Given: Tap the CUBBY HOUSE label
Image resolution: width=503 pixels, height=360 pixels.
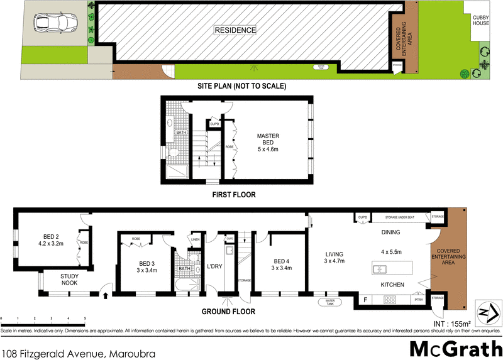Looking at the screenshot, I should pyautogui.click(x=480, y=21).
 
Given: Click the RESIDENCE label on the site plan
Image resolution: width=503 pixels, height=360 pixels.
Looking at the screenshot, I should pyautogui.click(x=236, y=30).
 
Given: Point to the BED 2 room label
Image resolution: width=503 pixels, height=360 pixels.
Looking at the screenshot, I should pyautogui.click(x=52, y=239).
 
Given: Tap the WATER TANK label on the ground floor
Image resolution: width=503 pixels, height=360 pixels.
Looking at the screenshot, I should pyautogui.click(x=329, y=303).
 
